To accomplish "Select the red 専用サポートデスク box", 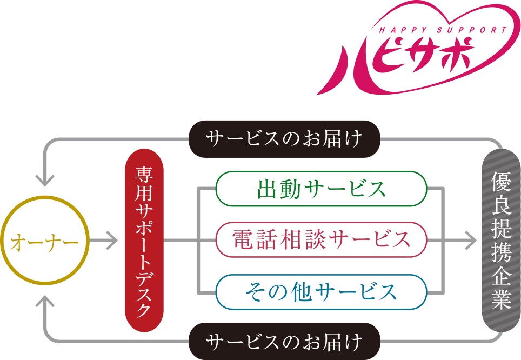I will tap(144, 240).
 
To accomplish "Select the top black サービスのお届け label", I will tap(284, 139).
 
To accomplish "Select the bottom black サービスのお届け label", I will tap(284, 341).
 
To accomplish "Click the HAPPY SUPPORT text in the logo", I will tap(441, 30).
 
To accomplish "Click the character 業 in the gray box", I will tap(501, 300).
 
